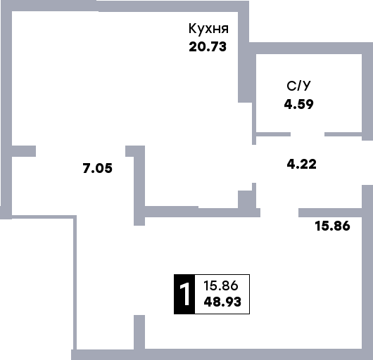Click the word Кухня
[x=208, y=29]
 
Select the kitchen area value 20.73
[x=208, y=46]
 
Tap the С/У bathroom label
[x=299, y=86]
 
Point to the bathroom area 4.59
[x=299, y=104]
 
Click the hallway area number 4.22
[x=302, y=165]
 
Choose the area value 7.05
[x=98, y=168]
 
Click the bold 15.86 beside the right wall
[x=333, y=226]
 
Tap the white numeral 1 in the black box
[x=184, y=294]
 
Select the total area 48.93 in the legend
[x=222, y=302]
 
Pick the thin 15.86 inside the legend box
[x=221, y=285]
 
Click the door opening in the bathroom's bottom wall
[x=308, y=134]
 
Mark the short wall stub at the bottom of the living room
[x=139, y=332]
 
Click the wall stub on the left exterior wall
[x=24, y=151]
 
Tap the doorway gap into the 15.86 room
[x=279, y=212]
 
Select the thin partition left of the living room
[x=75, y=283]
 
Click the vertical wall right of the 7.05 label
[x=139, y=186]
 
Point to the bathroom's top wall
[x=309, y=49]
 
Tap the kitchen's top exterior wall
[x=125, y=6]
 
